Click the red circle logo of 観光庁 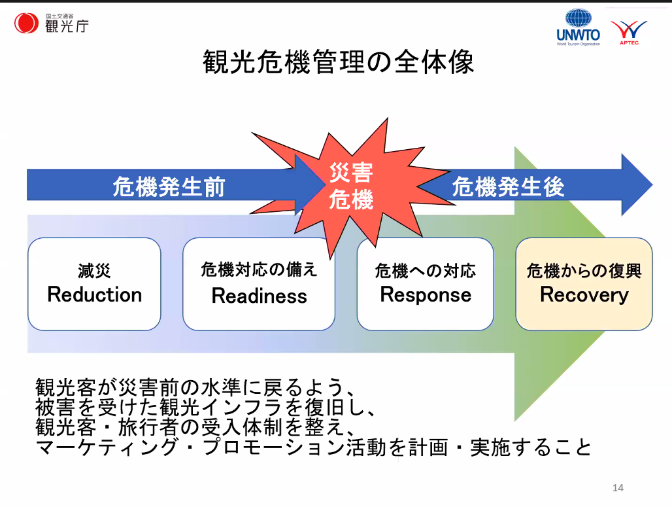click(x=27, y=24)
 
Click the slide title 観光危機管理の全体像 click(x=338, y=62)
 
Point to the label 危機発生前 click(x=169, y=188)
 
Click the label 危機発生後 click(x=508, y=188)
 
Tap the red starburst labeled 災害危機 click(x=351, y=186)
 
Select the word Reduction click(x=95, y=294)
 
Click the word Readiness click(x=259, y=296)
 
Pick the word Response click(x=426, y=294)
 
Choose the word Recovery click(x=584, y=294)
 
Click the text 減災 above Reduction click(x=95, y=271)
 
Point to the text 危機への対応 click(x=426, y=270)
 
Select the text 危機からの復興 click(x=584, y=270)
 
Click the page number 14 click(x=618, y=487)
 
